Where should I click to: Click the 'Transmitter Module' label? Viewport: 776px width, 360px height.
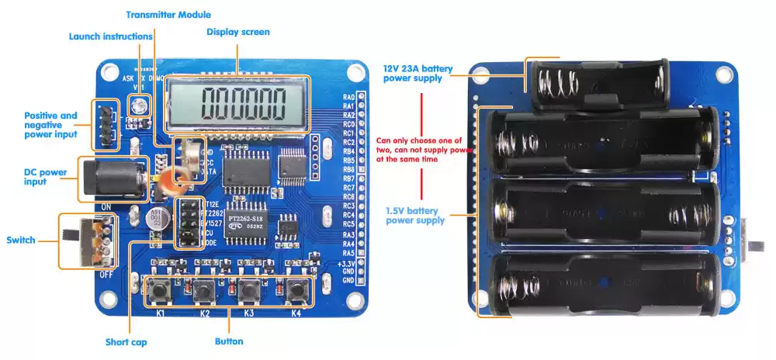pos(168,15)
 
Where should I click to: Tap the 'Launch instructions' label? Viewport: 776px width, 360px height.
pos(111,36)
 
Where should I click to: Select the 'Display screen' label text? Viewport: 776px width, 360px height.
pos(237,32)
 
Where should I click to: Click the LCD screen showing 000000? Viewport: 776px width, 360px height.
pos(239,103)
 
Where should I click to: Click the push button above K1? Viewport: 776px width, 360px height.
pos(163,291)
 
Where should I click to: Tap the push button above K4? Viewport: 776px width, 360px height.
pos(296,291)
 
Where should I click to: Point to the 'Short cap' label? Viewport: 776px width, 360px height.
pos(126,342)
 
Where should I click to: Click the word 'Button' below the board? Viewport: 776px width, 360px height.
pos(229,341)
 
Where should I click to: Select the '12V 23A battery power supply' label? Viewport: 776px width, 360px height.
pos(417,73)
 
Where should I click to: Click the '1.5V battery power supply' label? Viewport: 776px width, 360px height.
pos(415,215)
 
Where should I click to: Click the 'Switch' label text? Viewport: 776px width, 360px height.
pos(21,240)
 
